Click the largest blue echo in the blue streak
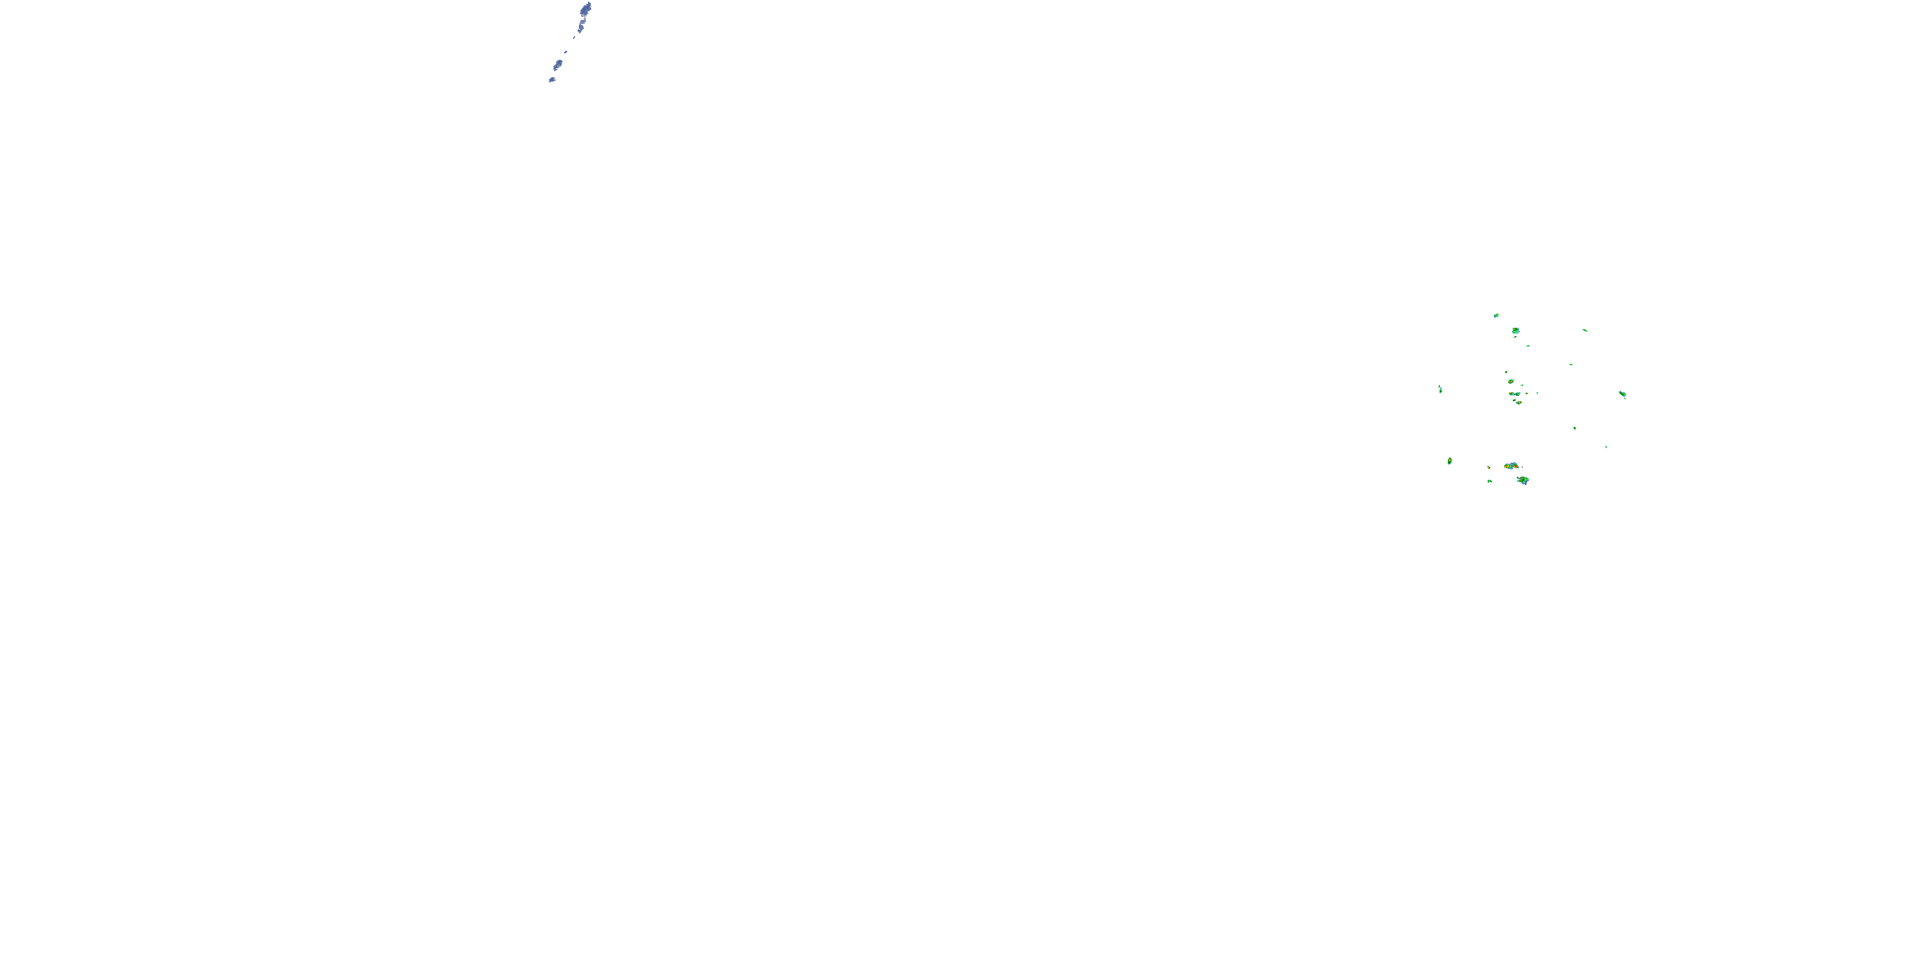[586, 9]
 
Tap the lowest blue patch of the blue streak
[552, 79]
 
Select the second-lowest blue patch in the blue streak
[558, 64]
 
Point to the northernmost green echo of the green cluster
[1496, 315]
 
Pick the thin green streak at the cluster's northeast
[1585, 330]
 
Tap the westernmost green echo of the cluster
[1441, 389]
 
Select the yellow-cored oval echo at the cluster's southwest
[1450, 460]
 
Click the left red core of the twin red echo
[1508, 466]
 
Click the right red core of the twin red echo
[1514, 466]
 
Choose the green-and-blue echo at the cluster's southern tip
[1522, 480]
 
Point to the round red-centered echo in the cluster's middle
[1511, 382]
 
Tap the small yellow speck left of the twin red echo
[1489, 468]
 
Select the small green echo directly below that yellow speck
[1490, 481]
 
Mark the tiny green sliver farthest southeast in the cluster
[1605, 447]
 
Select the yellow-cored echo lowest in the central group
[1519, 402]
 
